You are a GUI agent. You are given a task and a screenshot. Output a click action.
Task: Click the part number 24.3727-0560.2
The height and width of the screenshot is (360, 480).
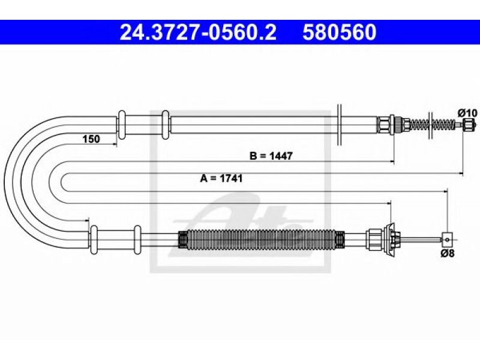198,32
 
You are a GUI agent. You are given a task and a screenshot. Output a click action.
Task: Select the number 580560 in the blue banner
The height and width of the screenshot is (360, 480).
340,32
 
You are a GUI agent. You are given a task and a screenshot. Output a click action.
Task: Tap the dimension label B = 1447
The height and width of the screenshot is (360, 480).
271,156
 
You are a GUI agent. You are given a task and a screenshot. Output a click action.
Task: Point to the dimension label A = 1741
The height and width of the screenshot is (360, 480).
221,178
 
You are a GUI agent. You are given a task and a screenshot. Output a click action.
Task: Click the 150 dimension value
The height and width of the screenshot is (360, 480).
91,139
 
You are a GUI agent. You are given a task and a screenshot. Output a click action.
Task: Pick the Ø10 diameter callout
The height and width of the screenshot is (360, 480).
468,113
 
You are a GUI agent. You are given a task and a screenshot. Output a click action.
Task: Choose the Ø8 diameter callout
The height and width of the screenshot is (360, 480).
448,253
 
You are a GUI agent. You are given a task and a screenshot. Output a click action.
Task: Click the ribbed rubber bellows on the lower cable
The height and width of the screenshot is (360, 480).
261,238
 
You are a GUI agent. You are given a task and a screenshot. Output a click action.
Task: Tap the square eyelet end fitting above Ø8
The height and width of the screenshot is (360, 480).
447,238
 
